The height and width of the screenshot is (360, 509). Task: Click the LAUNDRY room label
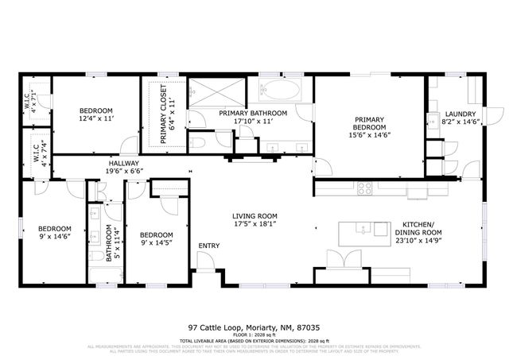(x=460, y=114)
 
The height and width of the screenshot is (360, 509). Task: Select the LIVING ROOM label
(x=254, y=216)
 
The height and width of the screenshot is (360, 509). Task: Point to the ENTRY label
(x=209, y=246)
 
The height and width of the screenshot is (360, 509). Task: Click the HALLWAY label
(x=123, y=162)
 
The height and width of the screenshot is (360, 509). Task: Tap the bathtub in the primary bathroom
(x=280, y=90)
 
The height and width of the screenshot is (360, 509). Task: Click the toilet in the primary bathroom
(x=200, y=142)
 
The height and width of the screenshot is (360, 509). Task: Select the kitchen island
(x=362, y=233)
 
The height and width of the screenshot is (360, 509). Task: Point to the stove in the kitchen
(x=365, y=188)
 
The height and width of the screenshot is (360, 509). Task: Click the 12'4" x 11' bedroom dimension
(x=95, y=118)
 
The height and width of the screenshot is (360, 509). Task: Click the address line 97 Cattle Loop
(x=254, y=327)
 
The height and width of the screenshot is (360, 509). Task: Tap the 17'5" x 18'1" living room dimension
(x=254, y=224)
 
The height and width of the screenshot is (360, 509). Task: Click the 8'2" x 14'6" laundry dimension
(x=460, y=122)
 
